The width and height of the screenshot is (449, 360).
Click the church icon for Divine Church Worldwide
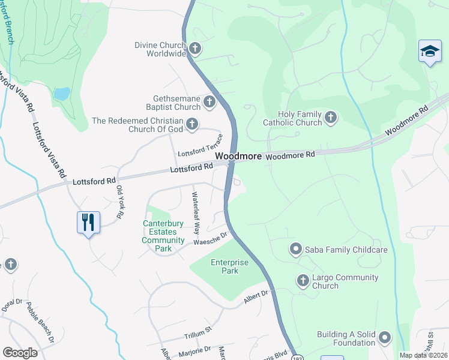(194, 49)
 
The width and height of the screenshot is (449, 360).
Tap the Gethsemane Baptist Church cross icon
(209, 102)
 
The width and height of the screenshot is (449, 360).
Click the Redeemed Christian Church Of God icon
(192, 124)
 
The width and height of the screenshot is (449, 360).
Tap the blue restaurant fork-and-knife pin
(88, 223)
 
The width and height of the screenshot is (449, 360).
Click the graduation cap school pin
(430, 52)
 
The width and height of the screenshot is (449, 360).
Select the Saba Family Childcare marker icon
(295, 249)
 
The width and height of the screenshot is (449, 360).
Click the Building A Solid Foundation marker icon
(384, 337)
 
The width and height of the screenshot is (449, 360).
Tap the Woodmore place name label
(238, 155)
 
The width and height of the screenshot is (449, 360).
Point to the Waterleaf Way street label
(195, 212)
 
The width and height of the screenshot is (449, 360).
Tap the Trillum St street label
(198, 329)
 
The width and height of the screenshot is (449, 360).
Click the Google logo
(20, 353)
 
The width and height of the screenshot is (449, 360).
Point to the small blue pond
(61, 94)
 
